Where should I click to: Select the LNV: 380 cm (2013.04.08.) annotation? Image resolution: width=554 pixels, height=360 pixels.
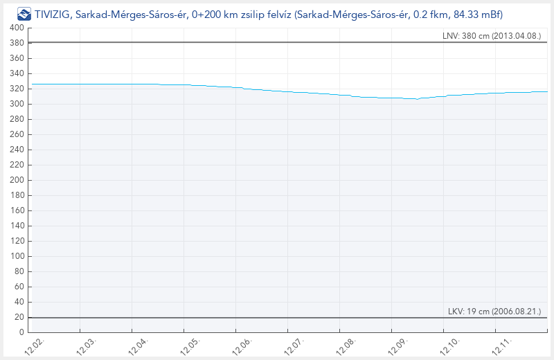[491, 36]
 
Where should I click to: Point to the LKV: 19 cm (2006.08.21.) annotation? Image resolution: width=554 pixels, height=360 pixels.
[494, 312]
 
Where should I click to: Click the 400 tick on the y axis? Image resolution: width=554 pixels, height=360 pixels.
[17, 28]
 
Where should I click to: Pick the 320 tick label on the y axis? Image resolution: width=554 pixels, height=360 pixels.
[17, 89]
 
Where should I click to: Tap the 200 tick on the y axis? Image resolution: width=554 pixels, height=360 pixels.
[17, 180]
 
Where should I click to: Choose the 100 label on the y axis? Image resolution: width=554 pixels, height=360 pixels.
[17, 256]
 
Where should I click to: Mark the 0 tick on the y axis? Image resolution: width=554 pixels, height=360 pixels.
[22, 332]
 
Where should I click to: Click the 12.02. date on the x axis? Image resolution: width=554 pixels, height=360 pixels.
[35, 345]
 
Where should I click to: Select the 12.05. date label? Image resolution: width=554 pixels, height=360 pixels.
[190, 345]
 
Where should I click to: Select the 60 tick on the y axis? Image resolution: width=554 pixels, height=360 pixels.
[19, 287]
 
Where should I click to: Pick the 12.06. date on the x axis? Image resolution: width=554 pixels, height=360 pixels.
[242, 345]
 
